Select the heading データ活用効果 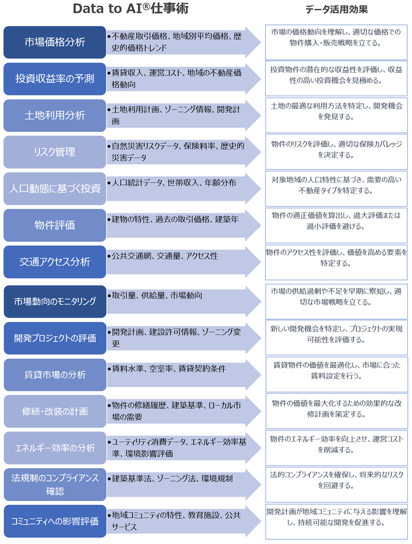(x=336, y=9)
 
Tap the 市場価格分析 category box (x=55, y=42)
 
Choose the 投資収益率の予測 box (x=55, y=78)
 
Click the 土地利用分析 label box (x=55, y=115)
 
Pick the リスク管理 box (x=55, y=152)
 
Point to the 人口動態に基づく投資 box (x=55, y=189)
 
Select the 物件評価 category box (x=55, y=225)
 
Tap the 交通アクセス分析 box (x=55, y=261)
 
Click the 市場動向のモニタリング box (x=55, y=302)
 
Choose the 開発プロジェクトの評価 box (x=55, y=338)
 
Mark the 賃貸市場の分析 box (x=55, y=375)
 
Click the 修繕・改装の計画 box (x=55, y=411)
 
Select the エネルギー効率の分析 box (x=55, y=448)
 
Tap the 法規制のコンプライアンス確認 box (x=55, y=484)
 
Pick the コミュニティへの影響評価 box (x=55, y=521)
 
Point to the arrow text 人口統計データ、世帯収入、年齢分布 (x=174, y=182)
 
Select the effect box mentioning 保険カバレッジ (x=336, y=149)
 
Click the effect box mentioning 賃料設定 (x=336, y=371)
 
